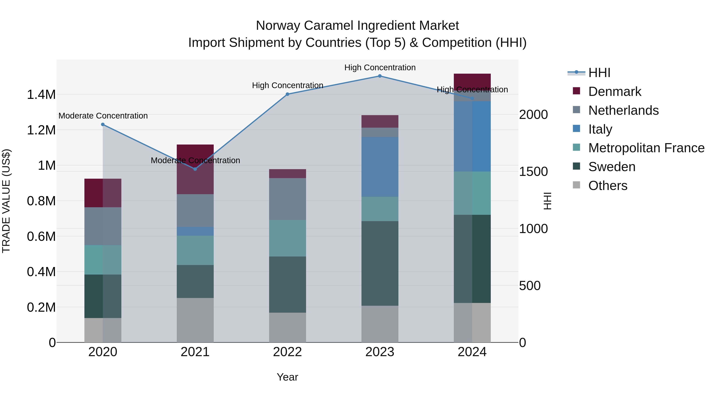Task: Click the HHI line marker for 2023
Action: tap(380, 76)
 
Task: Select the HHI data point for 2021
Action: tap(195, 169)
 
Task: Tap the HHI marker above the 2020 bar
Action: tap(103, 124)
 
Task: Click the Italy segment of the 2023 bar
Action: tap(380, 167)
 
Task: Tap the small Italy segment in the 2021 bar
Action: tap(195, 231)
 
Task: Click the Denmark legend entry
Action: tap(614, 92)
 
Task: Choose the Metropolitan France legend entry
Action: tap(646, 148)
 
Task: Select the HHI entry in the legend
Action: tap(599, 73)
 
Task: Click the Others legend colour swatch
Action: tap(576, 185)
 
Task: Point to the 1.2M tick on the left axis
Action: tap(41, 130)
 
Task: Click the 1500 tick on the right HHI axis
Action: tap(533, 172)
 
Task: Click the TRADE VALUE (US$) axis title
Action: tap(6, 201)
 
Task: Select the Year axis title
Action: tap(287, 377)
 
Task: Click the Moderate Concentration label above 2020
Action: tap(103, 116)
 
